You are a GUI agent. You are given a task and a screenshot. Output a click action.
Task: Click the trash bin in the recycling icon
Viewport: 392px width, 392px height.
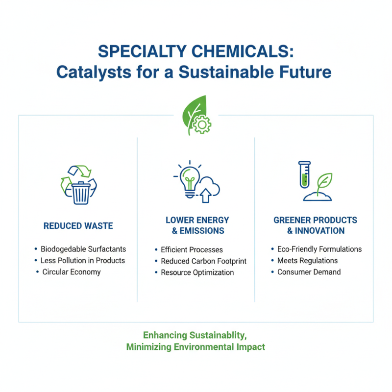pos(81,193)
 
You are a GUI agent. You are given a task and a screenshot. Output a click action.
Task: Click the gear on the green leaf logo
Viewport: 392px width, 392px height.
pos(200,125)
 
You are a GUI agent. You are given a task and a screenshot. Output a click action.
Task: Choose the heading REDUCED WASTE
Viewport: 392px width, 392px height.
pos(78,226)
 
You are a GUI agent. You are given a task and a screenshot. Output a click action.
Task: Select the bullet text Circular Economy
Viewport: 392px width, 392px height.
pos(72,272)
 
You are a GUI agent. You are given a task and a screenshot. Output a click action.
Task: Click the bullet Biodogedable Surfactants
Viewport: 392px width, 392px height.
pos(83,249)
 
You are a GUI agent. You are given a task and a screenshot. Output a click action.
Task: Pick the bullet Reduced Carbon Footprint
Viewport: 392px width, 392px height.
pos(203,261)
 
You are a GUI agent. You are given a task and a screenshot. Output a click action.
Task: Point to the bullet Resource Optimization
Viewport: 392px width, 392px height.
pos(197,272)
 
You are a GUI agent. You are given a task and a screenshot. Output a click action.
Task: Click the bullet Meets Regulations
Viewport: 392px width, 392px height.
pos(307,261)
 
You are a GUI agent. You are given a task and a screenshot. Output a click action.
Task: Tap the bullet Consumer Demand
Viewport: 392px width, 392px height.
pos(309,272)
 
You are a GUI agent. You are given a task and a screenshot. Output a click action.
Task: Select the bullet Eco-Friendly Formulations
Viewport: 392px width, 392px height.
pos(319,249)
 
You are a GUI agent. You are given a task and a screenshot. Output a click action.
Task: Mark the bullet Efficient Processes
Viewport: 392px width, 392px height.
pos(192,250)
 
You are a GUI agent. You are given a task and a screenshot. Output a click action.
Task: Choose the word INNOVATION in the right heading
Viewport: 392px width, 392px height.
pos(319,231)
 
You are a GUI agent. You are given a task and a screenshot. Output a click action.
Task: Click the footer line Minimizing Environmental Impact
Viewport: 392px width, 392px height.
pos(196,347)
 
